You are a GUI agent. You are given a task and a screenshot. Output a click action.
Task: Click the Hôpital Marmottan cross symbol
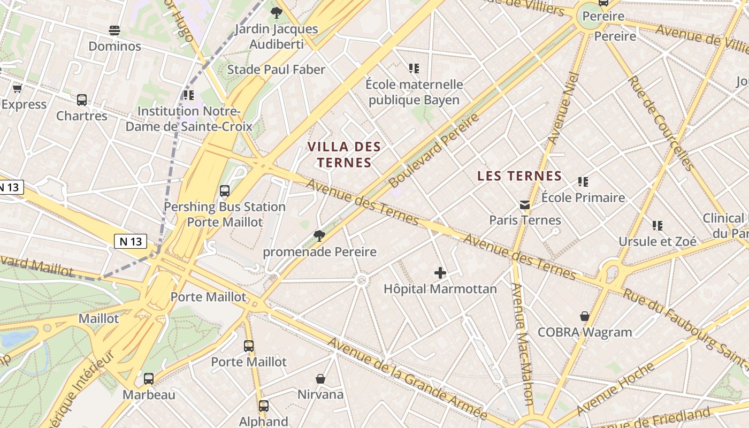pos(440,273)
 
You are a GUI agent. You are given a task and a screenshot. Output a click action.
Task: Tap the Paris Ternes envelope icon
pos(525,205)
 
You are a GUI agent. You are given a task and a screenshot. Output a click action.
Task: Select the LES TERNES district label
pos(519,176)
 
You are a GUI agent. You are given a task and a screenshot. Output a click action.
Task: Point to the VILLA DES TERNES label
pos(344,155)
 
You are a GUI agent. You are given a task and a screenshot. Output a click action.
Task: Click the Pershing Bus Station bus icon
pos(225,191)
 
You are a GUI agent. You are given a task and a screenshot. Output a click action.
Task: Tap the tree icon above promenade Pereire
pos(319,235)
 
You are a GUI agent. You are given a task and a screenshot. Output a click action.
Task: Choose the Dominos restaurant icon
pos(114,30)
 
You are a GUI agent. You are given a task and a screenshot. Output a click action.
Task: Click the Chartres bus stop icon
pos(82,100)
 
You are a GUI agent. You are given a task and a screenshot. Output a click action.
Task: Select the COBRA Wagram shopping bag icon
pos(585,316)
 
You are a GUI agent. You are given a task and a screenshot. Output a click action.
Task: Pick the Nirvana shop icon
pos(320,379)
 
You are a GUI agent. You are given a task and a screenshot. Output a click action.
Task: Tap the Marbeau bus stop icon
pos(149,379)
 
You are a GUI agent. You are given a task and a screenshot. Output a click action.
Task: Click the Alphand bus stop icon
pos(263,406)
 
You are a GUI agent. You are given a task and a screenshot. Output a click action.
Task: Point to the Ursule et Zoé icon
pos(658,226)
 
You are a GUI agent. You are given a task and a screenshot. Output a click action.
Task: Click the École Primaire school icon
pos(583,182)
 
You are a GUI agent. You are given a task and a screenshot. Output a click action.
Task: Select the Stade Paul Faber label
pos(276,70)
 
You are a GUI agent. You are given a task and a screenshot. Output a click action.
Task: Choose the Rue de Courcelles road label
pos(661,123)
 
